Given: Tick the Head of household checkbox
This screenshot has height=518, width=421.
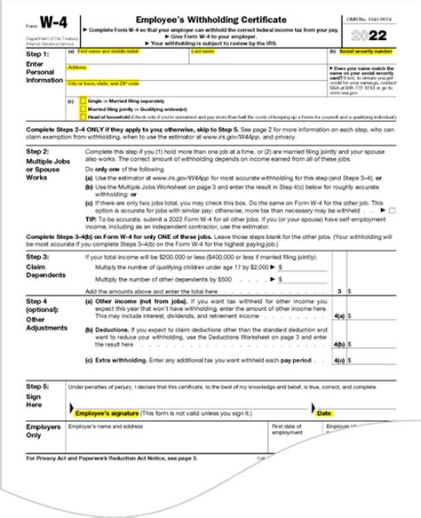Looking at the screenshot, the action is click(x=83, y=116).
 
